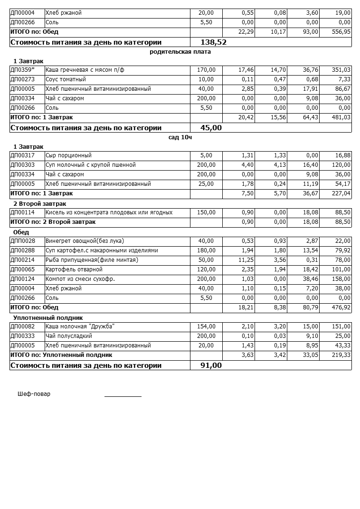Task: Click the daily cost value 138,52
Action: [x=214, y=42]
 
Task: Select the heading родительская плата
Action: [x=180, y=52]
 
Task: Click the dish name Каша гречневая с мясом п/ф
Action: [x=85, y=70]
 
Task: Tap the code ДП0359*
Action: [x=22, y=70]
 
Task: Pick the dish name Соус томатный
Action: [x=66, y=79]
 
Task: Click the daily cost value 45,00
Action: [x=211, y=128]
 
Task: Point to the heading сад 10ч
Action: [x=180, y=137]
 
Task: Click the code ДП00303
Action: [x=22, y=165]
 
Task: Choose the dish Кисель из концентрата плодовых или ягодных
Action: [x=109, y=212]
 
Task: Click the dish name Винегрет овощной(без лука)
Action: [x=85, y=241]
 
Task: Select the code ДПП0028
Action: [x=23, y=241]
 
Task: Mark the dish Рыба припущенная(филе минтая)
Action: [x=92, y=260]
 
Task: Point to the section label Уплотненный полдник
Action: [x=48, y=317]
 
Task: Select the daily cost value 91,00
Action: [x=211, y=365]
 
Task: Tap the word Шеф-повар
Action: [x=34, y=394]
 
